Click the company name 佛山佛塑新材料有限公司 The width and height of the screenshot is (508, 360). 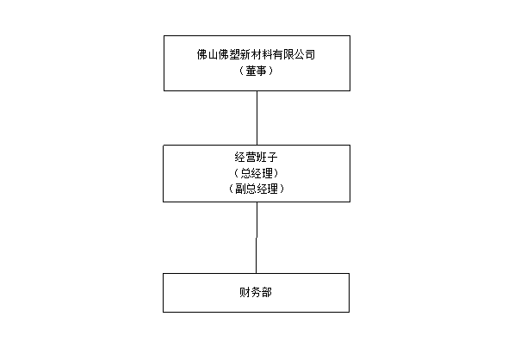(x=256, y=54)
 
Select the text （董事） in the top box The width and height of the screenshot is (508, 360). (x=256, y=71)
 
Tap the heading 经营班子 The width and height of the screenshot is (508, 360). (x=257, y=158)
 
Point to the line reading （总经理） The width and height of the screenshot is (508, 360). (x=257, y=173)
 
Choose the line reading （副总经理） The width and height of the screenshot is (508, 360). (x=257, y=189)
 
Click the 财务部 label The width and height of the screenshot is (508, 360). (x=256, y=293)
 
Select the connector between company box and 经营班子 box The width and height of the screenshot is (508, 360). (x=257, y=118)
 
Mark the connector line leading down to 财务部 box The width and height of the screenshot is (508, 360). (x=257, y=238)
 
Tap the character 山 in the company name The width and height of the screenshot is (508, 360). (x=213, y=54)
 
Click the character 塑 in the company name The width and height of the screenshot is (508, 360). (x=234, y=54)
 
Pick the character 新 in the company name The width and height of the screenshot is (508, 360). (x=245, y=54)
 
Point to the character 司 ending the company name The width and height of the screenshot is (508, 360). (x=310, y=54)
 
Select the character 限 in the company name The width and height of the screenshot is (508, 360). (x=288, y=54)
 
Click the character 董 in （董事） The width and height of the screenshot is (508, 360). (x=251, y=71)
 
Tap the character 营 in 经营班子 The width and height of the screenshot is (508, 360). (x=251, y=158)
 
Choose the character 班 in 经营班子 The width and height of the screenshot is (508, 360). (x=262, y=158)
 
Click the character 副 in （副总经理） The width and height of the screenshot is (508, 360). (x=240, y=189)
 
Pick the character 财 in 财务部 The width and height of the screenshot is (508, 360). (x=245, y=293)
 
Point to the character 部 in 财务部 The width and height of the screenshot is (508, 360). (x=267, y=293)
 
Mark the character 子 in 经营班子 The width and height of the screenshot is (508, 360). (x=273, y=158)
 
